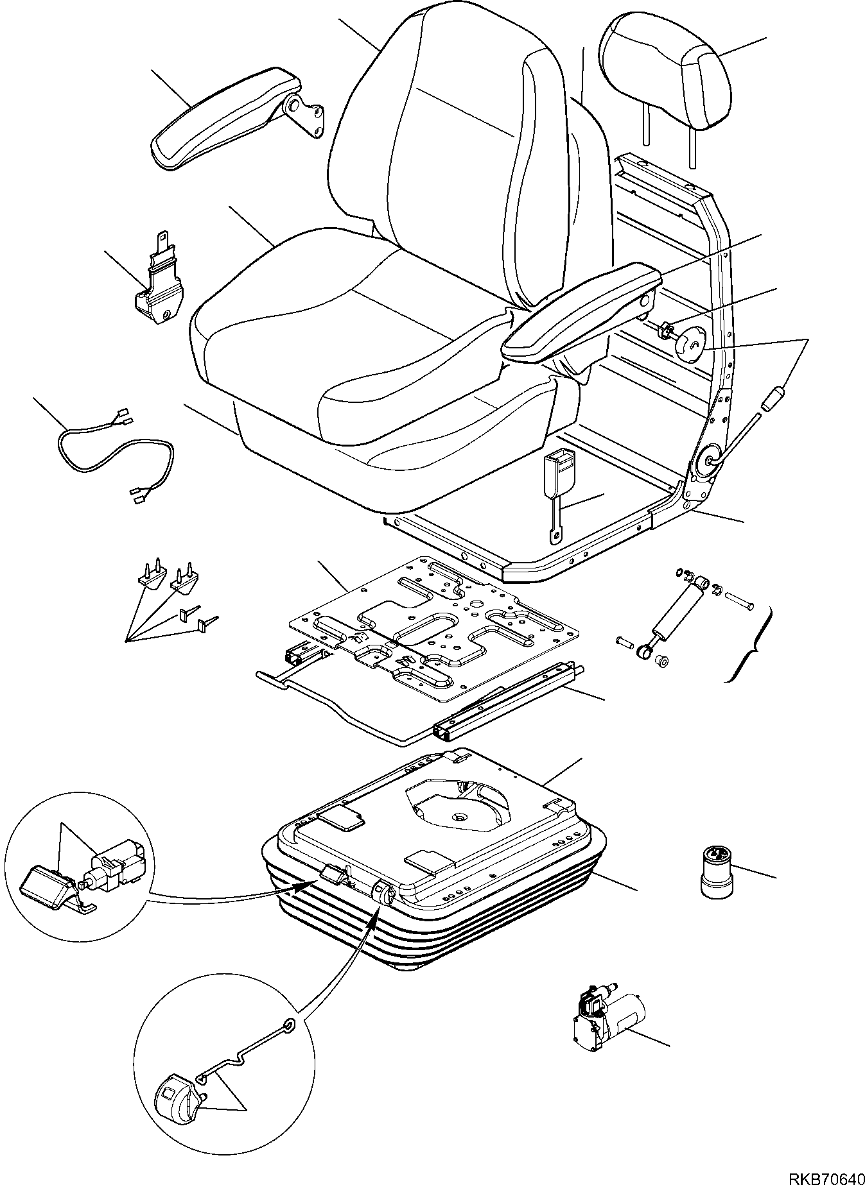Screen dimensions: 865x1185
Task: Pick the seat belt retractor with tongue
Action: point(159,286)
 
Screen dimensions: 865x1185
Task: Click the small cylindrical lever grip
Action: point(774,398)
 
